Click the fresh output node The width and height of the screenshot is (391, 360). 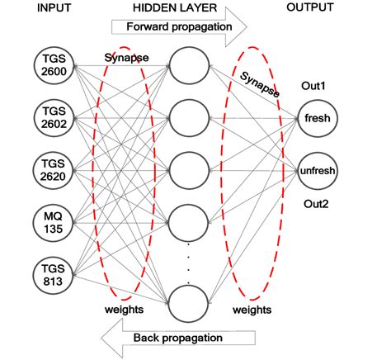point(316,118)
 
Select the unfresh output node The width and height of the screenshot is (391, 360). point(316,170)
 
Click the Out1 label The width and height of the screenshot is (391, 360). point(315,86)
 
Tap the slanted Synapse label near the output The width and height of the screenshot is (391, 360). point(260,85)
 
